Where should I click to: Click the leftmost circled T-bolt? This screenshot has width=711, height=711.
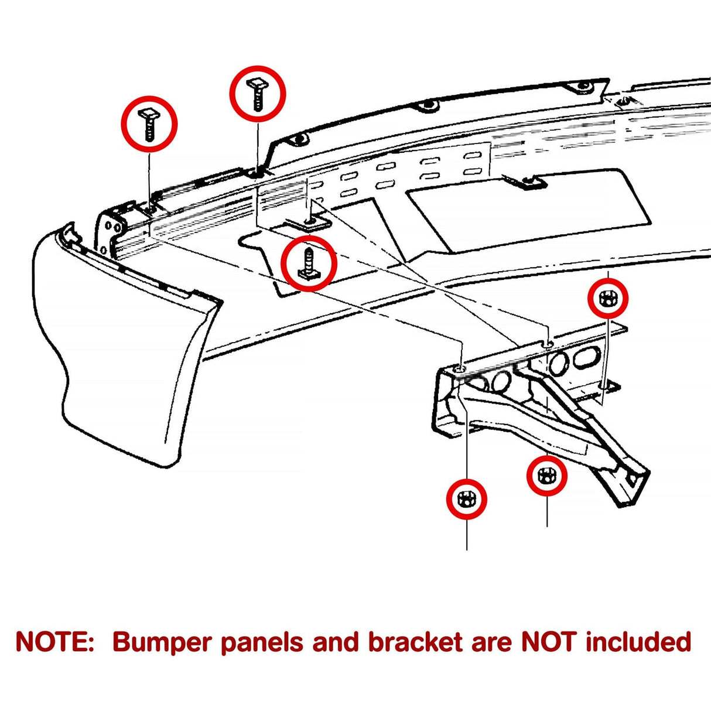pos(149,124)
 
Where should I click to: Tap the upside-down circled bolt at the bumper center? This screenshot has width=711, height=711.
pos(309,262)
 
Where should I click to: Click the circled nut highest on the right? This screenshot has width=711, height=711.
pos(608,299)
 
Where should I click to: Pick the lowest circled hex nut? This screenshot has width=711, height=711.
pos(466,499)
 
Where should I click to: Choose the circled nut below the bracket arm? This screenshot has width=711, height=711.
pos(546,475)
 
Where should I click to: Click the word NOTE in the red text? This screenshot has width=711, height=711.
pos(54,642)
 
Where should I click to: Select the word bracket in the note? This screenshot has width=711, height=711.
pos(415,642)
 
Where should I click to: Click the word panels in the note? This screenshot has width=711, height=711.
pos(262,642)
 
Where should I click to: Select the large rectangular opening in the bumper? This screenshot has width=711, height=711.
pos(527,211)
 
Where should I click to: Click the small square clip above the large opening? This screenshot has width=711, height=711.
pos(530,183)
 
